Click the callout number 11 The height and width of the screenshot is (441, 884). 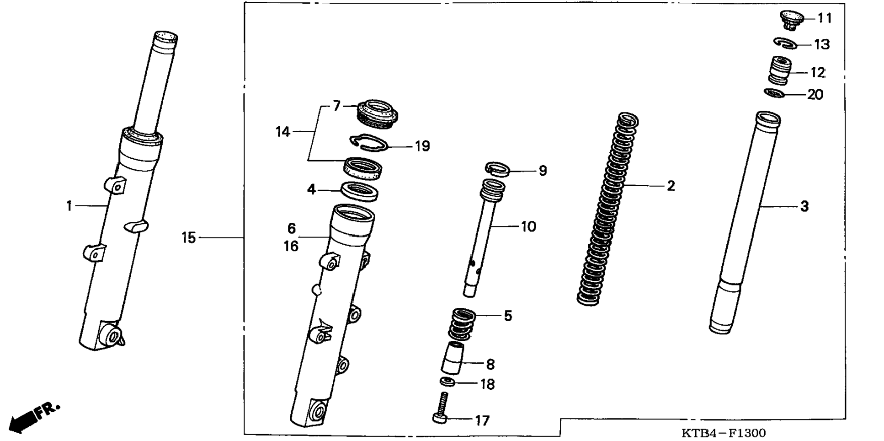pos(825,18)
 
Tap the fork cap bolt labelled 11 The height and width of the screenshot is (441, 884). pos(791,19)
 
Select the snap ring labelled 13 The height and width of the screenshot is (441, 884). pos(785,43)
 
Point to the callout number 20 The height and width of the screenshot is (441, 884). pos(815,95)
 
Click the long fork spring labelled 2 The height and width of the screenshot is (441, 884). pos(607,210)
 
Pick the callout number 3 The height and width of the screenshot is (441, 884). pos(804,206)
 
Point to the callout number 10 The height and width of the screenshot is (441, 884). pos(528,226)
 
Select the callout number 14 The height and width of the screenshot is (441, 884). pos(283,132)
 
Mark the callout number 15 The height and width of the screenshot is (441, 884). pos(188,238)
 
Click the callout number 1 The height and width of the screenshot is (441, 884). pos(69,206)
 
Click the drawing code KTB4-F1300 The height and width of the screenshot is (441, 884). pos(723,433)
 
